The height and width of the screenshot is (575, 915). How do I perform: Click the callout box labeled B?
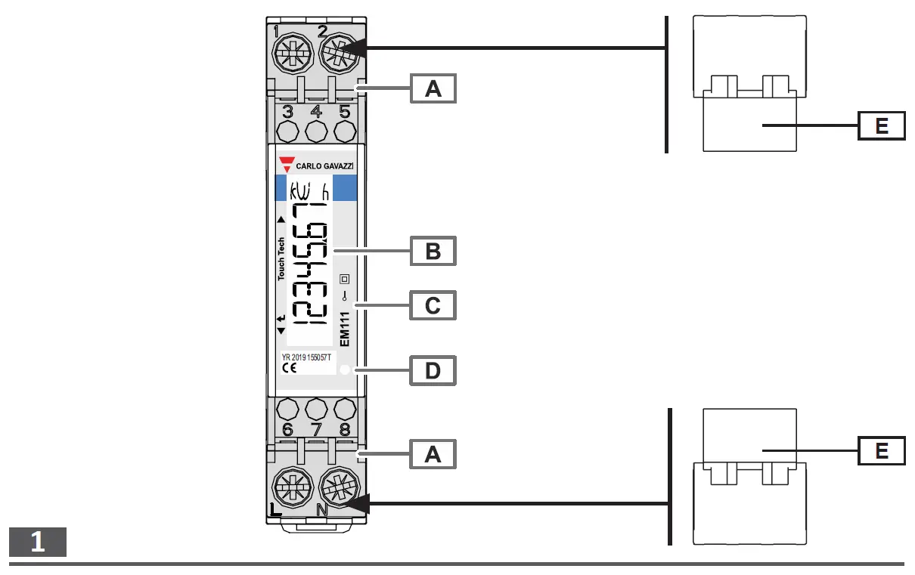(x=433, y=250)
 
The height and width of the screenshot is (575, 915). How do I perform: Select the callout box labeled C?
(x=433, y=306)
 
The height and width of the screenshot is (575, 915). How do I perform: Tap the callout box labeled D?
(x=433, y=371)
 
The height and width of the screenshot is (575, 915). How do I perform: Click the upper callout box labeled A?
(x=433, y=88)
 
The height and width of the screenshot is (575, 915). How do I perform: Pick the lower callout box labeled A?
(x=433, y=453)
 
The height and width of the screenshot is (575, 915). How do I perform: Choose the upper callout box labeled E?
(x=882, y=125)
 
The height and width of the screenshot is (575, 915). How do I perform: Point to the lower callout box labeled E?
(x=882, y=451)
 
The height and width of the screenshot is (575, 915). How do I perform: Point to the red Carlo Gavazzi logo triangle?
(x=287, y=164)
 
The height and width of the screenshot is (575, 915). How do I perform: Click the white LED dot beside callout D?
(x=345, y=370)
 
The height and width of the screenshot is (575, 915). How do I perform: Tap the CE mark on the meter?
(x=289, y=368)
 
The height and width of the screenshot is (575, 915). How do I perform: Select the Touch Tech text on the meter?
(x=281, y=259)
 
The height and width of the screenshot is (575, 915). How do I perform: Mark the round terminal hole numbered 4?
(x=316, y=131)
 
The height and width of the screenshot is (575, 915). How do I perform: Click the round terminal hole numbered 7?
(x=316, y=410)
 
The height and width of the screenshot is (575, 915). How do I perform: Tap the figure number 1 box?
(x=38, y=543)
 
